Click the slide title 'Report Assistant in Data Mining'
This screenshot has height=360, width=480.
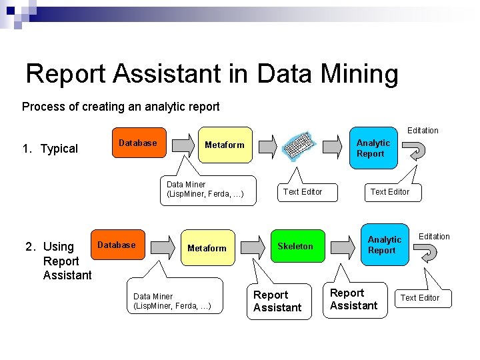click(x=211, y=73)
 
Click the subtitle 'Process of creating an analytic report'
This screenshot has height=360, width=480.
click(x=121, y=107)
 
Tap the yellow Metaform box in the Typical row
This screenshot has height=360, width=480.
click(x=225, y=145)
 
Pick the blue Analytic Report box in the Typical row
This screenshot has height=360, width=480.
click(x=373, y=148)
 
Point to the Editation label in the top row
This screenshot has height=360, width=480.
click(x=423, y=131)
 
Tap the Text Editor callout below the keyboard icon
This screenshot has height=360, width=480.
click(x=303, y=192)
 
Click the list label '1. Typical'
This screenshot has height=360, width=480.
click(x=50, y=149)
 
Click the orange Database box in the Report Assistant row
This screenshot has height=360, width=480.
click(x=117, y=245)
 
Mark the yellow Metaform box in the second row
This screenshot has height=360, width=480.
click(x=207, y=248)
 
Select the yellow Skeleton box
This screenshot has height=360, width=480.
click(x=295, y=247)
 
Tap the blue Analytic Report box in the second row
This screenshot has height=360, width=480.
click(x=385, y=245)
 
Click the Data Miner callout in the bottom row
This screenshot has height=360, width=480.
click(x=173, y=301)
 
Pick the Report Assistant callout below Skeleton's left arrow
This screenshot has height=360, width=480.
click(x=278, y=301)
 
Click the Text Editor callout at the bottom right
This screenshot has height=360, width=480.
click(x=420, y=298)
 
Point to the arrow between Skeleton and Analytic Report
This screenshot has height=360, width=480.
click(x=343, y=246)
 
